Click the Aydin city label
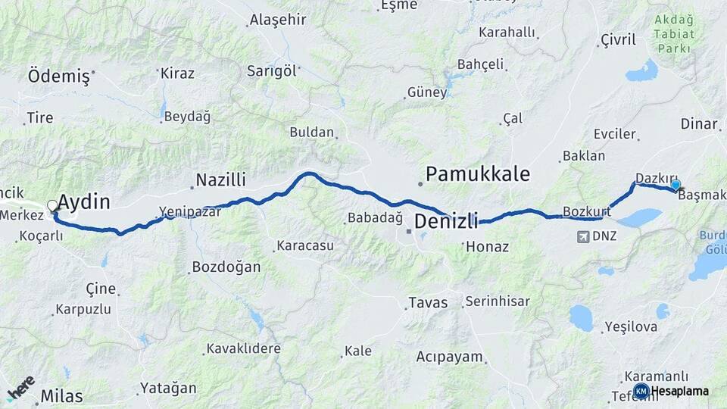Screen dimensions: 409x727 coord(84,202)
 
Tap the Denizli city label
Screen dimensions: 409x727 coord(446,222)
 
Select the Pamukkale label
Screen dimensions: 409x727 coord(477,174)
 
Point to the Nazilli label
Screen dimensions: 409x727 coord(221,180)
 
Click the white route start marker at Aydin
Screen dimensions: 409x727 coord(52,205)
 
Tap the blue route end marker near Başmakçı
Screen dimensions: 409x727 coord(676,184)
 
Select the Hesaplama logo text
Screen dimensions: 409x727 coord(680,391)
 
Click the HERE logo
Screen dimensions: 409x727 coord(20,387)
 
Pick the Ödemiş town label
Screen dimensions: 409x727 coord(58,76)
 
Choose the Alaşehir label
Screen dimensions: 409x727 coord(278,20)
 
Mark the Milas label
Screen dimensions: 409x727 coord(61,396)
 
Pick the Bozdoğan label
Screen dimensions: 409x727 coord(226,267)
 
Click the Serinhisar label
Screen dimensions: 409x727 coord(498,301)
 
